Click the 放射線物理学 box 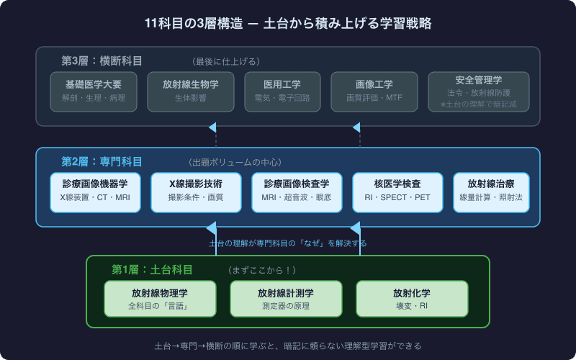160,299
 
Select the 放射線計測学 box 286,299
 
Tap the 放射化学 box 412,299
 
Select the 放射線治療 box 491,192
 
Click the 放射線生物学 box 191,91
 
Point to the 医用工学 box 282,91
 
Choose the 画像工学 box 374,91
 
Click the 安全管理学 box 479,91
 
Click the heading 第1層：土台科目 152,270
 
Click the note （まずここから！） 261,270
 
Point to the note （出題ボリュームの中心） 235,162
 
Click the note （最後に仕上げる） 225,61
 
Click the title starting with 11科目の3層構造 288,23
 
